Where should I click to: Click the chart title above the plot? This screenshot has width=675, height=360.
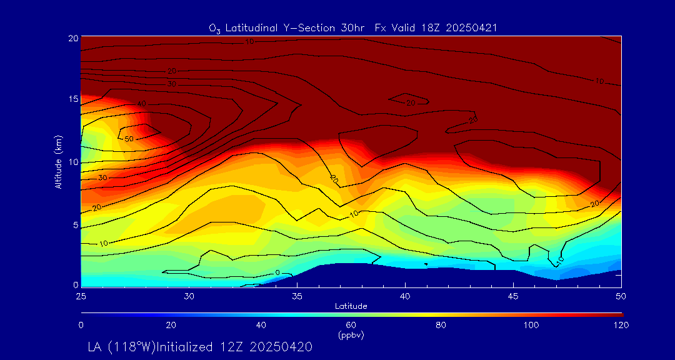click(x=353, y=27)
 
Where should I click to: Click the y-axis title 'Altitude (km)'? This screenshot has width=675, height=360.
click(x=58, y=162)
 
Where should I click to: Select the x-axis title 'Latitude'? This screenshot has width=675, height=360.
click(x=351, y=306)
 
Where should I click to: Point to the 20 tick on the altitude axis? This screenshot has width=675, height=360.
click(x=72, y=38)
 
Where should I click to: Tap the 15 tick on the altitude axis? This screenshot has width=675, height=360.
click(x=72, y=99)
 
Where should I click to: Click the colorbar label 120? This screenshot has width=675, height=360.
click(x=621, y=325)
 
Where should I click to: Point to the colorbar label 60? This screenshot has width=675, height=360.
click(x=351, y=325)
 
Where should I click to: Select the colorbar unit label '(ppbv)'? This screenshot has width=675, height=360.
click(x=351, y=335)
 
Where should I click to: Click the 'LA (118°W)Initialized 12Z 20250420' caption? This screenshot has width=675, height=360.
click(x=200, y=346)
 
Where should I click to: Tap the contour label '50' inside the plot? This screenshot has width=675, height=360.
click(x=129, y=138)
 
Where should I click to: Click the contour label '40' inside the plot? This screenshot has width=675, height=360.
click(x=141, y=104)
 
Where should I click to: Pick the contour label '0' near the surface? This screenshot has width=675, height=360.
click(x=277, y=272)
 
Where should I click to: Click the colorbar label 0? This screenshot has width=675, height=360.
click(x=81, y=325)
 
